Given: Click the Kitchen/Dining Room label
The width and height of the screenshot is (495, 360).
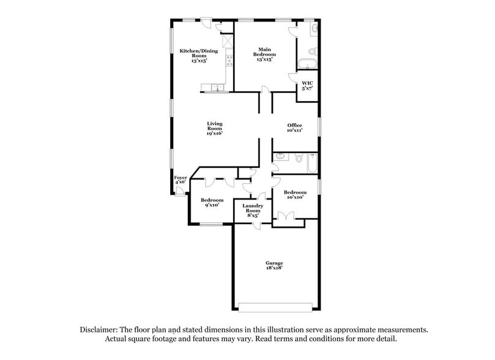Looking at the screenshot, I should coord(198,56).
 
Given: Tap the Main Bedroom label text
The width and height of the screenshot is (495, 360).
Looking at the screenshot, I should coord(264,54).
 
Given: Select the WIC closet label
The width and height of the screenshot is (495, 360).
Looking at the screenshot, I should coord(307,86).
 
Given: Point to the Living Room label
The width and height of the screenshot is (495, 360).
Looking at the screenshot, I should coord(214,129).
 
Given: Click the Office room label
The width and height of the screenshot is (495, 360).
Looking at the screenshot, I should coord(295,128).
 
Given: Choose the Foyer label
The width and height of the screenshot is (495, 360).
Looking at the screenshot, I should coord(181,179).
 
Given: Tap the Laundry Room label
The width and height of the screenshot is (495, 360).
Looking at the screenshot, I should coord(253,211).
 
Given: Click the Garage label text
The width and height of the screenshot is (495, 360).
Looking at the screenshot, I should coord(274,265).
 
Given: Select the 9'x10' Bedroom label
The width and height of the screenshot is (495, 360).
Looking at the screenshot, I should coord(212,203).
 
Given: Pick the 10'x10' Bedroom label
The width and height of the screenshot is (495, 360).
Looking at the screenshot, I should coord(295,195).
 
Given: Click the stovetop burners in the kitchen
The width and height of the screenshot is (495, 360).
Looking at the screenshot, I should coord(229,60).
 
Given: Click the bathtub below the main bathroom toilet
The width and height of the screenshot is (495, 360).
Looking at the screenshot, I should coord(307,64).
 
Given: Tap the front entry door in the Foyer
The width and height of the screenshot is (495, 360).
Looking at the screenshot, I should coord(179,191).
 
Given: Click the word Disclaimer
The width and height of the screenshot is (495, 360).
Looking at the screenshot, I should coord(100,329).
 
